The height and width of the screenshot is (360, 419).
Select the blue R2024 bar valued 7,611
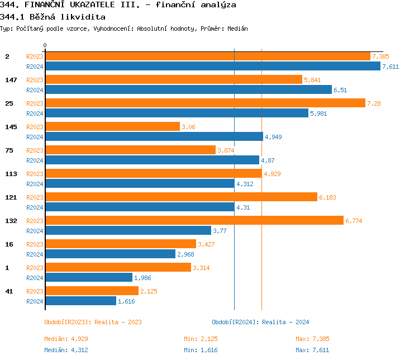point(212,66)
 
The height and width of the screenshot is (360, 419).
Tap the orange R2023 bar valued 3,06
point(112,127)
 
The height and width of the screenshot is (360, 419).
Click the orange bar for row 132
point(194,221)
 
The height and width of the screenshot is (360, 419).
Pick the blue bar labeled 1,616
point(80,301)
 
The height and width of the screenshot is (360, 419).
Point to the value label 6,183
point(327,197)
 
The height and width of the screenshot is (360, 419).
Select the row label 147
point(11,80)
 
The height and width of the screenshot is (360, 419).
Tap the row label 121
point(11,197)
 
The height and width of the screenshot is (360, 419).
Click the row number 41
point(9,291)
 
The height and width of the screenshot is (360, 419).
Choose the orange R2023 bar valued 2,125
point(92,291)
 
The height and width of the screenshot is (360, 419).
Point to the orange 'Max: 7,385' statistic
point(312,339)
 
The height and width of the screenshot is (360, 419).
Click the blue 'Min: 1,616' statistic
point(201,350)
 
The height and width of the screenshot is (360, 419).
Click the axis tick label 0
point(45,45)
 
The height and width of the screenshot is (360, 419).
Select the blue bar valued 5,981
point(177,113)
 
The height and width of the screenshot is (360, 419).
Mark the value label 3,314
point(202,268)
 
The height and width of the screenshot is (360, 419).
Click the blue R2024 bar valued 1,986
point(89,277)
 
